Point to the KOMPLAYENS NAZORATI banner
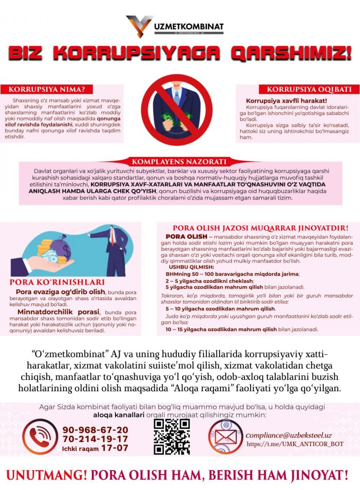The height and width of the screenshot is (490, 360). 179,162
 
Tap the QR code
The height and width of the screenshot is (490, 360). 172,436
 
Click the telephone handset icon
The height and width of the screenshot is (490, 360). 40,437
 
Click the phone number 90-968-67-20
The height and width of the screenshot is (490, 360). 95,430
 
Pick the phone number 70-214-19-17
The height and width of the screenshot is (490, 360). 95,439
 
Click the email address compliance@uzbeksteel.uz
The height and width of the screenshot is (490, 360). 289,435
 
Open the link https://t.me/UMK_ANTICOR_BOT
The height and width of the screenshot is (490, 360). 295,444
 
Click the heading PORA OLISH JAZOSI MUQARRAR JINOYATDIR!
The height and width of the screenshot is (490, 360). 260,228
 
